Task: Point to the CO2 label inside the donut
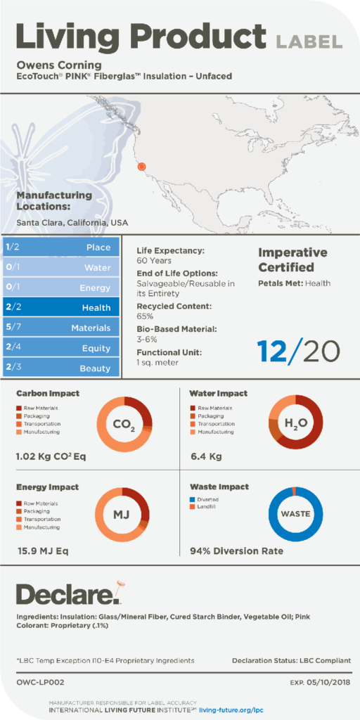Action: [124, 425]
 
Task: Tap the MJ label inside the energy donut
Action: [122, 515]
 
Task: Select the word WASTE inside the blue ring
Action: [295, 513]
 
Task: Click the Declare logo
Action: [70, 595]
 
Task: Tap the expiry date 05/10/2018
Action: [326, 682]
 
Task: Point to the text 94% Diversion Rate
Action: [236, 551]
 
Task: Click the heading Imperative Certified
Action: [292, 259]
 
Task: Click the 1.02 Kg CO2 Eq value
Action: [51, 457]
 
